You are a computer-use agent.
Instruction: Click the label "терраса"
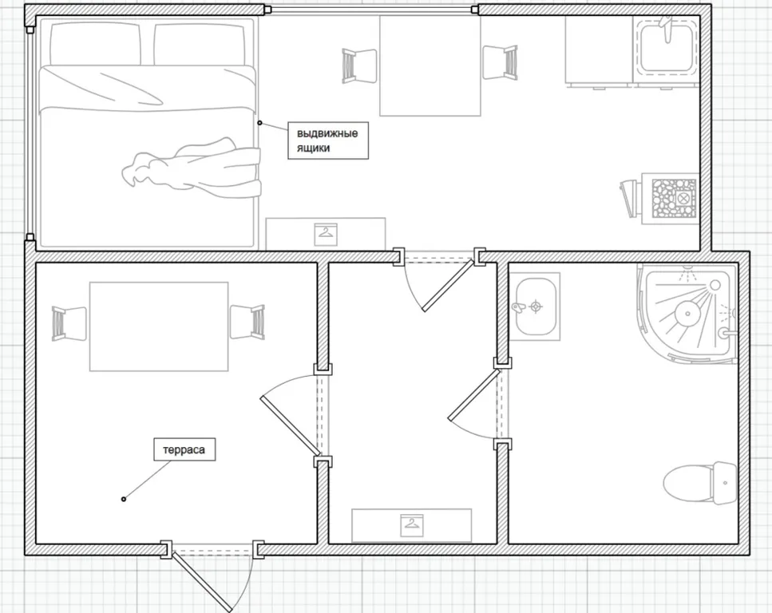pos(184,449)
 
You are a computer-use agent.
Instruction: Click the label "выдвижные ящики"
pos(327,140)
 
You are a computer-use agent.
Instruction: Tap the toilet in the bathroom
pos(700,483)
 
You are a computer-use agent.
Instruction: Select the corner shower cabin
pos(687,314)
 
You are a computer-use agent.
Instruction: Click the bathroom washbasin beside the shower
pos(535,306)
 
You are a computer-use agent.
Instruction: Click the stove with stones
pos(670,198)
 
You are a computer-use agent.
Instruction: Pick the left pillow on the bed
pos(96,45)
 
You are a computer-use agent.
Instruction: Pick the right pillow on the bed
pos(200,45)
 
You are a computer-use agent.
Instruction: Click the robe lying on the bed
pos(192,169)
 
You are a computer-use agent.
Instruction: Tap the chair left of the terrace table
pos(69,323)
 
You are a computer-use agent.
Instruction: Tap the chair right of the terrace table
pos(247,322)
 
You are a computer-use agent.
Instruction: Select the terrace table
pos(159,326)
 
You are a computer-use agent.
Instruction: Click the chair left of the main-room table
pos(359,66)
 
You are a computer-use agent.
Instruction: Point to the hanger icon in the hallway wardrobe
pos(412,525)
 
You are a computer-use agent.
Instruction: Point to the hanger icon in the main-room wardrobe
pos(326,235)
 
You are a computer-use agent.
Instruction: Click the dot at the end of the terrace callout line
pos(124,500)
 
